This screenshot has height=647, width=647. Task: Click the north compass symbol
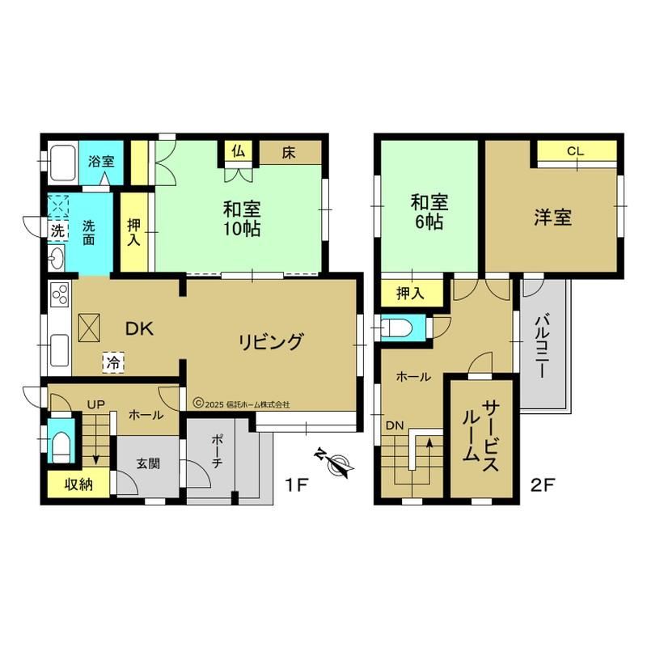(x=335, y=463)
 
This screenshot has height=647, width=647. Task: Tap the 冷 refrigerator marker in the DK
(x=113, y=362)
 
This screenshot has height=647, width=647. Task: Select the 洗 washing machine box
(x=57, y=230)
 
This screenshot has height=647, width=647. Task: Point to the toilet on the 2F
(x=397, y=328)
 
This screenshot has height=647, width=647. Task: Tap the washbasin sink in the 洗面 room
(x=56, y=258)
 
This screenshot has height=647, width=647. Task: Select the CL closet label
(x=576, y=151)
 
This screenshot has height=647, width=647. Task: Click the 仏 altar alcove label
(x=239, y=151)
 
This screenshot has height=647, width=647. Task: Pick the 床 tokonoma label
(x=289, y=153)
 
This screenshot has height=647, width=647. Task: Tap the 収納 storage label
(x=78, y=484)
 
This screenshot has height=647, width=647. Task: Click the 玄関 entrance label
(x=148, y=463)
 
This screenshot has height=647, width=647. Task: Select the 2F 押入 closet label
(x=410, y=293)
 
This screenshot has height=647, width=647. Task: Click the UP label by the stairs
(x=95, y=405)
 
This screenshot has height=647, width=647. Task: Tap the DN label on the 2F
(x=395, y=425)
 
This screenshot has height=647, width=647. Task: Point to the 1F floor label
(x=297, y=485)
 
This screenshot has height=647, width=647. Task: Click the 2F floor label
(x=541, y=485)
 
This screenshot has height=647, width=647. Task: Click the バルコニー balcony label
(x=542, y=346)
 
